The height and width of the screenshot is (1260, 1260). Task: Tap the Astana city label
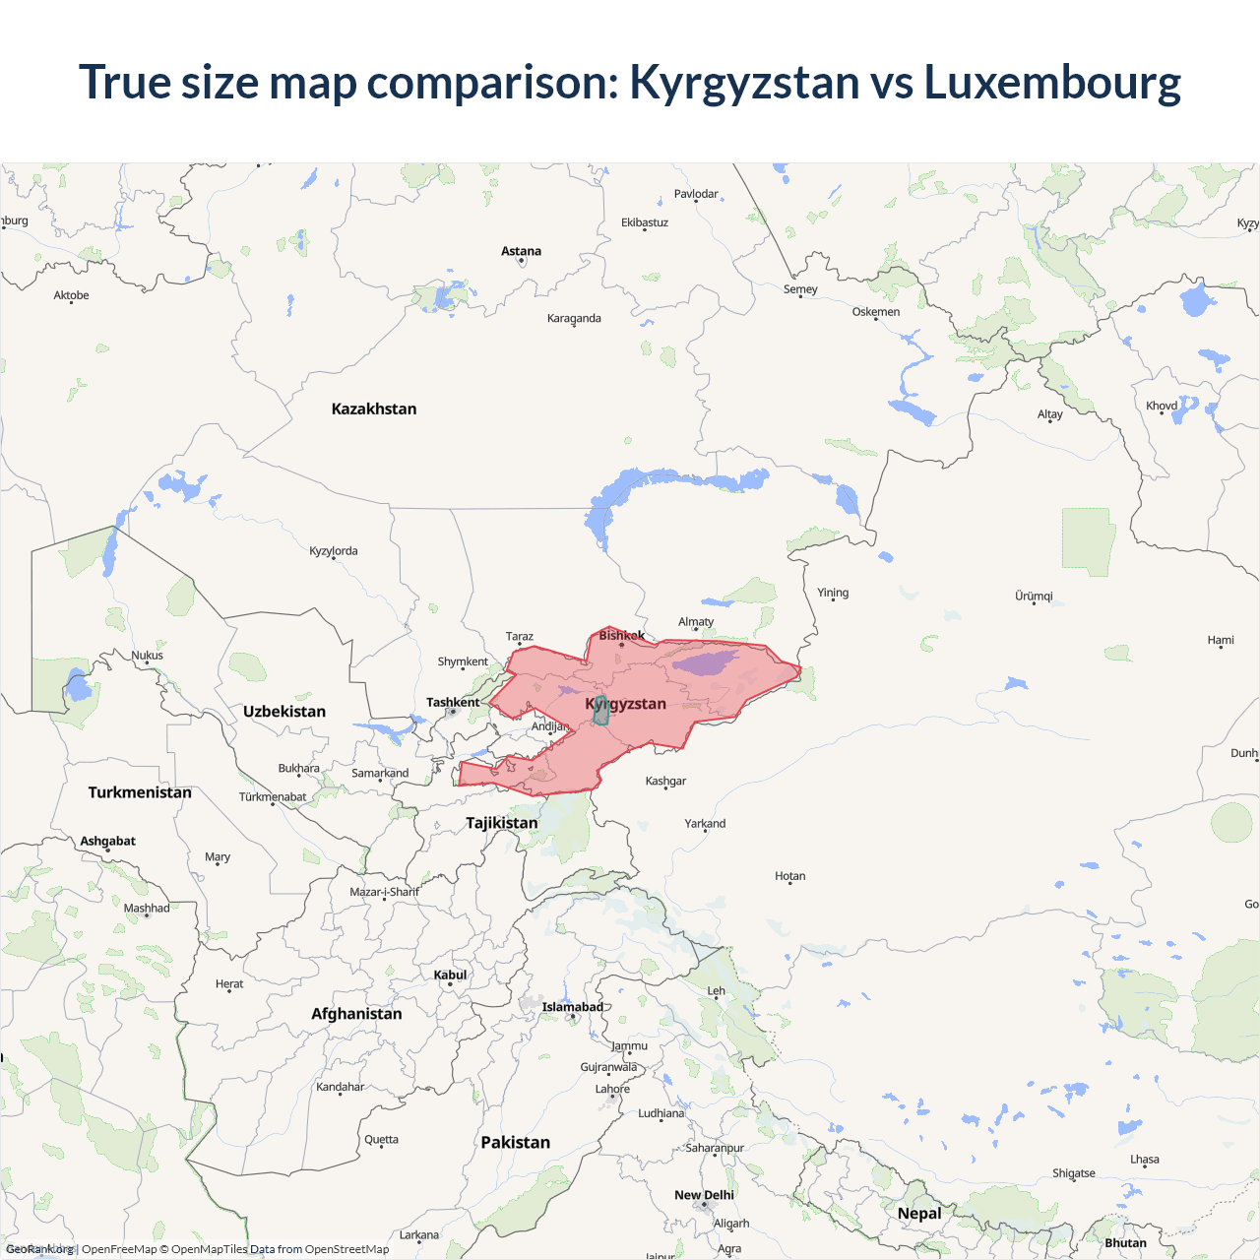[521, 251]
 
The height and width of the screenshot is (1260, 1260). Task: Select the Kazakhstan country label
[374, 409]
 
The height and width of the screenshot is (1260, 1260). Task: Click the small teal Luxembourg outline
[600, 711]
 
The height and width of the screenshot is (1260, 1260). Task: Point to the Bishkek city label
[621, 635]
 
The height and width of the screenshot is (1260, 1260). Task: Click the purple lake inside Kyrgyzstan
[705, 661]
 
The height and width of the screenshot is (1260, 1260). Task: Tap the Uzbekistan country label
[284, 711]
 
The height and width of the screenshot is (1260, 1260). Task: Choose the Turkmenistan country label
[140, 792]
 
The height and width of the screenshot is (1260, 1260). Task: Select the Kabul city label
[450, 975]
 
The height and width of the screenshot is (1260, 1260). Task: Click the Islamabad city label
[572, 1006]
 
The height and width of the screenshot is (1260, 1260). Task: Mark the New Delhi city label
[704, 1195]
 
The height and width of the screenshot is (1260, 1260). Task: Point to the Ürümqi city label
[1034, 596]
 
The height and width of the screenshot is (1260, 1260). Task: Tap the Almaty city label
[696, 621]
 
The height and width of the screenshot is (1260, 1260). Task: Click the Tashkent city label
[453, 702]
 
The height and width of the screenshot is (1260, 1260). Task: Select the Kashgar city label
[665, 781]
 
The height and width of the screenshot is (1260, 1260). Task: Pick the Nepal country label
[919, 1213]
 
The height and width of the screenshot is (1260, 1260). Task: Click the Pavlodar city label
[696, 194]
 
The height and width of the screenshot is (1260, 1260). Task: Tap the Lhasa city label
[1145, 1159]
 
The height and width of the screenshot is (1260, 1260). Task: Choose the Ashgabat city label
[108, 841]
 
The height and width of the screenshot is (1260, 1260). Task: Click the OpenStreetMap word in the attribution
[346, 1249]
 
